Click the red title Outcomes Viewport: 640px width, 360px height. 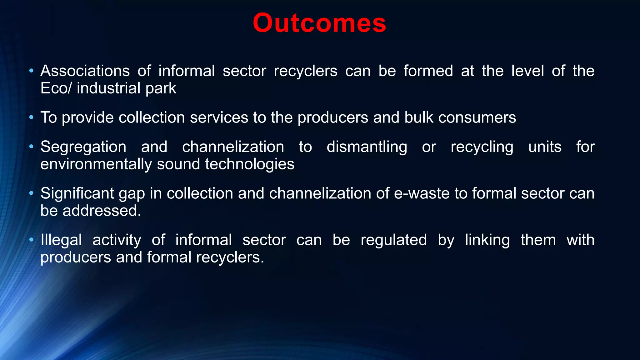coord(319,23)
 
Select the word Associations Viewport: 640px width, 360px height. coord(85,71)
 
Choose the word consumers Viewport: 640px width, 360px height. coord(477,118)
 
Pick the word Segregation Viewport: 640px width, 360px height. coord(83,147)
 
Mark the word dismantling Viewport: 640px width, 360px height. coord(367,147)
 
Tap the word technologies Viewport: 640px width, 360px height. coord(249,164)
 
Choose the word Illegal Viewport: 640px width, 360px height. coord(61,240)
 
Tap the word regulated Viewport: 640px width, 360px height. coord(394,240)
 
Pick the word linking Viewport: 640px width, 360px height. coord(487,240)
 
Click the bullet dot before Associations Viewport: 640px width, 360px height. coord(31,71)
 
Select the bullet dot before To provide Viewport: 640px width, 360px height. coord(31,117)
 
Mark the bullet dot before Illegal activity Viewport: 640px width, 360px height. coord(31,240)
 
